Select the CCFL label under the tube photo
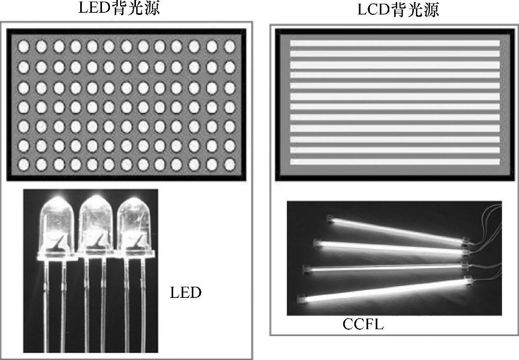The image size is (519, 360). pyautogui.click(x=363, y=324)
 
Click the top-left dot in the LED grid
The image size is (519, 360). pyautogui.click(x=23, y=47)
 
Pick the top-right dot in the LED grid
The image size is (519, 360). pyautogui.click(x=229, y=47)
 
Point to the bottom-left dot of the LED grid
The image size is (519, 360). pyautogui.click(x=23, y=165)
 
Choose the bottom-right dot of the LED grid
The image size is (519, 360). pyautogui.click(x=229, y=165)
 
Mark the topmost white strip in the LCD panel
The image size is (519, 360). pyautogui.click(x=395, y=44)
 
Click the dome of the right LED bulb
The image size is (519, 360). pyautogui.click(x=133, y=212)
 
